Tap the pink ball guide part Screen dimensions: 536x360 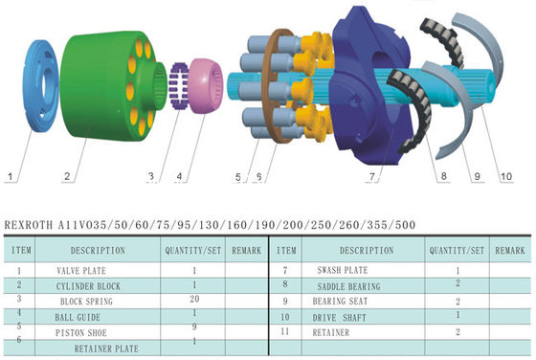point(206,86)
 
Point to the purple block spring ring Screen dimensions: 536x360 point(179,86)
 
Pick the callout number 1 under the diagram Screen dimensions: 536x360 point(11,177)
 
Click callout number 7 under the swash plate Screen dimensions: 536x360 point(372,177)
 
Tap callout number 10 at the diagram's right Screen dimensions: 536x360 point(506,176)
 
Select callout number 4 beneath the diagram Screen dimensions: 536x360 point(180,176)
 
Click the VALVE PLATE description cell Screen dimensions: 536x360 point(81,271)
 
